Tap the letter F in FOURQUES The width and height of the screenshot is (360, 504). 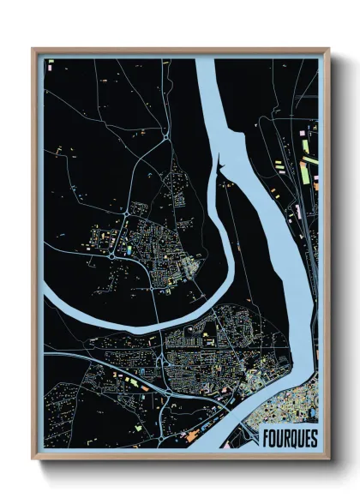(x=265, y=438)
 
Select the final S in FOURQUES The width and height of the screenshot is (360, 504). (x=314, y=438)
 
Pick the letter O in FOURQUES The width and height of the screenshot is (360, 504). (x=273, y=438)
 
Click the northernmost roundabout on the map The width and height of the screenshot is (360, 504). (x=164, y=135)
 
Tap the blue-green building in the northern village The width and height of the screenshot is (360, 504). (x=127, y=250)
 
